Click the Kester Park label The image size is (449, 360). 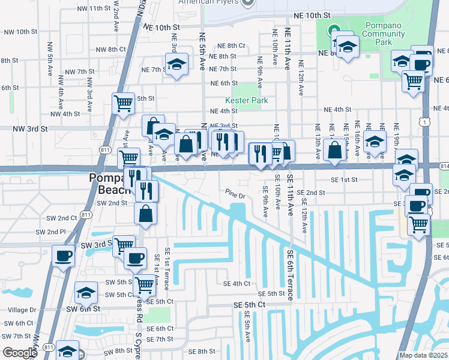pyautogui.click(x=246, y=100)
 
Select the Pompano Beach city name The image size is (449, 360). pyautogui.click(x=110, y=183)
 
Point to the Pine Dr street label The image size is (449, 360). pyautogui.click(x=236, y=195)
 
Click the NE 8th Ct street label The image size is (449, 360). pyautogui.click(x=232, y=46)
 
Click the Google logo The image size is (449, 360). pyautogui.click(x=19, y=352)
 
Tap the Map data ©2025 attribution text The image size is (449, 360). pyautogui.click(x=424, y=355)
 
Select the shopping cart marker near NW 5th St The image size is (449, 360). pyautogui.click(x=123, y=103)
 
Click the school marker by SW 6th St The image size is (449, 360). pyautogui.click(x=86, y=293)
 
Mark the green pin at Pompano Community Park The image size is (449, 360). pyautogui.click(x=333, y=29)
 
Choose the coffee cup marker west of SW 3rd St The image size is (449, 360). pyautogui.click(x=63, y=256)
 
